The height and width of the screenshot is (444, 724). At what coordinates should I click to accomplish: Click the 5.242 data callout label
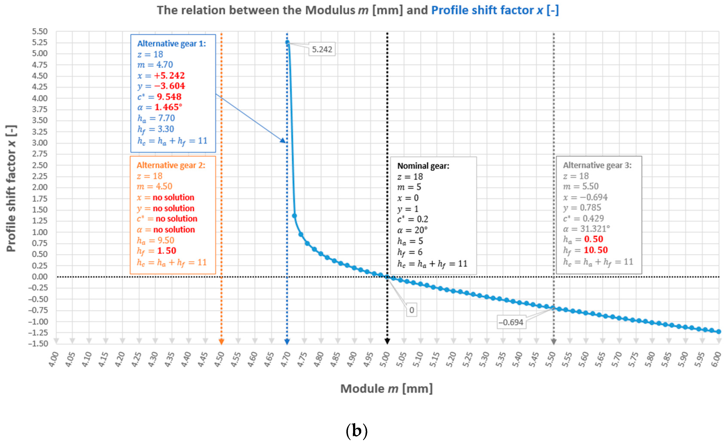pyautogui.click(x=322, y=49)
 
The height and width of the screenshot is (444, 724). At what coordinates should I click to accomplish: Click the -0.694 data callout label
pyautogui.click(x=511, y=322)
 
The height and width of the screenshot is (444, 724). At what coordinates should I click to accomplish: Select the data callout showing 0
pyautogui.click(x=411, y=310)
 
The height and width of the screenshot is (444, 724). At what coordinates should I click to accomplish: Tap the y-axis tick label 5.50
pyautogui.click(x=40, y=31)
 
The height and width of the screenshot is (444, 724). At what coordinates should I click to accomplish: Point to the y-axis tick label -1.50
pyautogui.click(x=38, y=343)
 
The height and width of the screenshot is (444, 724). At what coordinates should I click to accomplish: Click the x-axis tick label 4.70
pyautogui.click(x=286, y=359)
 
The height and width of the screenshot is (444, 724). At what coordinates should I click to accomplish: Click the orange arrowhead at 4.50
pyautogui.click(x=221, y=341)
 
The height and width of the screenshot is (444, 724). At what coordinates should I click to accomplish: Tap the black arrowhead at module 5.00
pyautogui.click(x=387, y=341)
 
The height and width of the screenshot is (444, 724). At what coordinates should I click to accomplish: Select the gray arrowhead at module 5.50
pyautogui.click(x=554, y=341)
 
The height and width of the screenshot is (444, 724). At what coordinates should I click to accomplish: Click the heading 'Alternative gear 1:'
pyautogui.click(x=172, y=44)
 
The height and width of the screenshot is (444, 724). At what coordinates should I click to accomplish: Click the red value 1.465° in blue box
pyautogui.click(x=168, y=107)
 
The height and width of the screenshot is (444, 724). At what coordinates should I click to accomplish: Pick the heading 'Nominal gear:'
pyautogui.click(x=423, y=166)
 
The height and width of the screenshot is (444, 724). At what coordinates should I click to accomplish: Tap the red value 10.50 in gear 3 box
pyautogui.click(x=596, y=250)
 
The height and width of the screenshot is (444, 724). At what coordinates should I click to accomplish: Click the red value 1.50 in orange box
pyautogui.click(x=167, y=251)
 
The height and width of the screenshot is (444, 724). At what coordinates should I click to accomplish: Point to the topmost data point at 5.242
pyautogui.click(x=287, y=42)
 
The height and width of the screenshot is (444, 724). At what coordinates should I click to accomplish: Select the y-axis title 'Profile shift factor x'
pyautogui.click(x=11, y=188)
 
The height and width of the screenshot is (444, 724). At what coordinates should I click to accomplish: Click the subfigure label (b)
pyautogui.click(x=357, y=431)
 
